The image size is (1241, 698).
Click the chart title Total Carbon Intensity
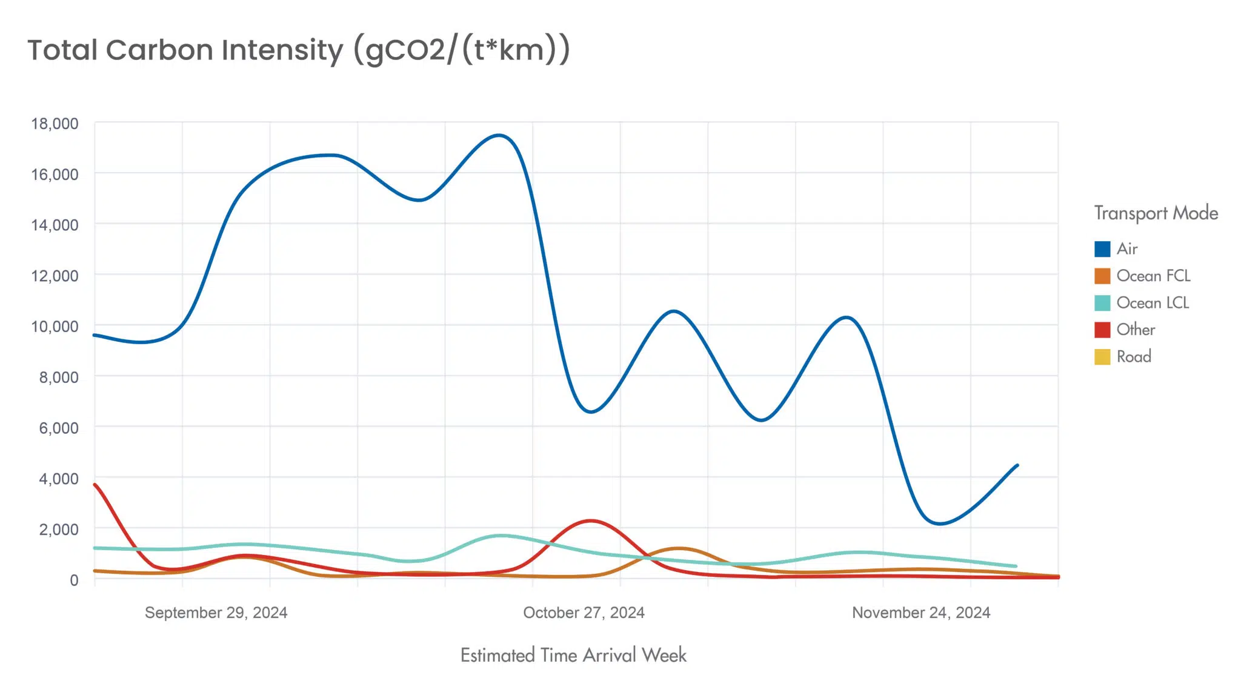298,51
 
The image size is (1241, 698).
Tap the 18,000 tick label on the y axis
55,124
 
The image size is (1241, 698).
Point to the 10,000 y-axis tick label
55,327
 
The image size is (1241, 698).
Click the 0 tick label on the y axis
74,580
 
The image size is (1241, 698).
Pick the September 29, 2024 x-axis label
216,613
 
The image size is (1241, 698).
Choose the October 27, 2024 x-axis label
584,613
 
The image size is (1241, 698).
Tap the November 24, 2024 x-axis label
921,613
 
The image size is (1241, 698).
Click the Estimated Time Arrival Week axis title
573,655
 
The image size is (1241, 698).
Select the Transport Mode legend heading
1156,213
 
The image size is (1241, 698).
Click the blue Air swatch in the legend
1102,249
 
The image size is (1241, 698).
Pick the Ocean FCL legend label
1153,276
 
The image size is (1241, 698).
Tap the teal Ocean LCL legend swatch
1102,303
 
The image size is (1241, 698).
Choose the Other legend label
1136,330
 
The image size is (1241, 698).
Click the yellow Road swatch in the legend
1102,357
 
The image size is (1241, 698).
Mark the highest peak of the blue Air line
499,135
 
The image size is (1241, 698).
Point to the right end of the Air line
1017,465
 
